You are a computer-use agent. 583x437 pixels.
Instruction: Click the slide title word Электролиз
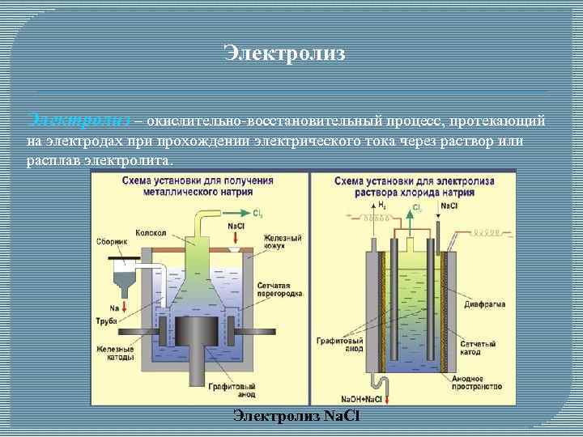coord(284,54)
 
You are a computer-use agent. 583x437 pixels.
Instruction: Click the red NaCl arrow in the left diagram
coord(236,238)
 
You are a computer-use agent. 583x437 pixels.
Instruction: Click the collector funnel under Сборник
coord(126,278)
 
